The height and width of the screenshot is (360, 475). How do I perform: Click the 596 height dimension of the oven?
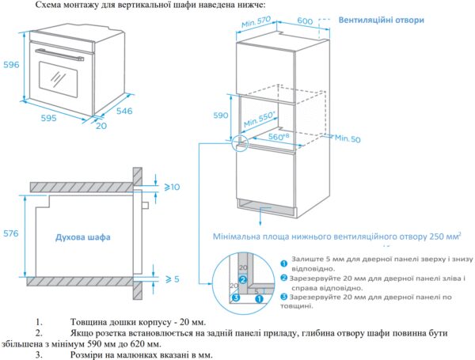coord(10,65)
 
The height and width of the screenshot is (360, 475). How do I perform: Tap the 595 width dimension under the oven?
coord(48,118)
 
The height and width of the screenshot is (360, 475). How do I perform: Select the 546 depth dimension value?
coord(125,111)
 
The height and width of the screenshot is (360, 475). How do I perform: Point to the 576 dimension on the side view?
coord(11,234)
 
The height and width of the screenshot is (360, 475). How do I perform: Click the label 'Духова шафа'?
coord(83,237)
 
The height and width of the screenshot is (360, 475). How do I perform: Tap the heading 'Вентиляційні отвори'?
coord(381,20)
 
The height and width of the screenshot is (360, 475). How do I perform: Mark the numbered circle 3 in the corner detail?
coord(234,299)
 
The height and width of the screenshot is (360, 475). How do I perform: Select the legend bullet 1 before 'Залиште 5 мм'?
coord(283,260)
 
